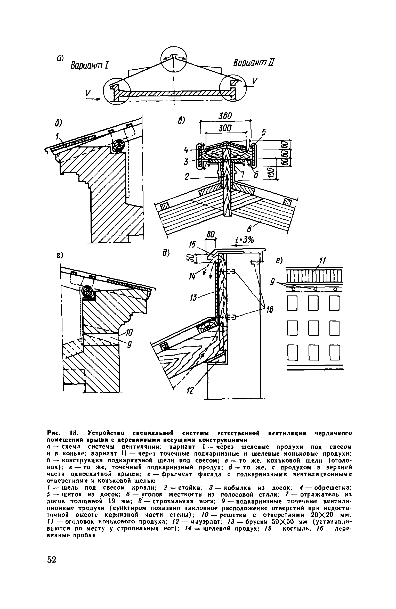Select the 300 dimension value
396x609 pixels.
pos(225,128)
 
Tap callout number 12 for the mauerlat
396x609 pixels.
pos(189,391)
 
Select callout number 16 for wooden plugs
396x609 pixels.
pos(270,310)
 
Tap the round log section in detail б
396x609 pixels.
pos(118,146)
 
